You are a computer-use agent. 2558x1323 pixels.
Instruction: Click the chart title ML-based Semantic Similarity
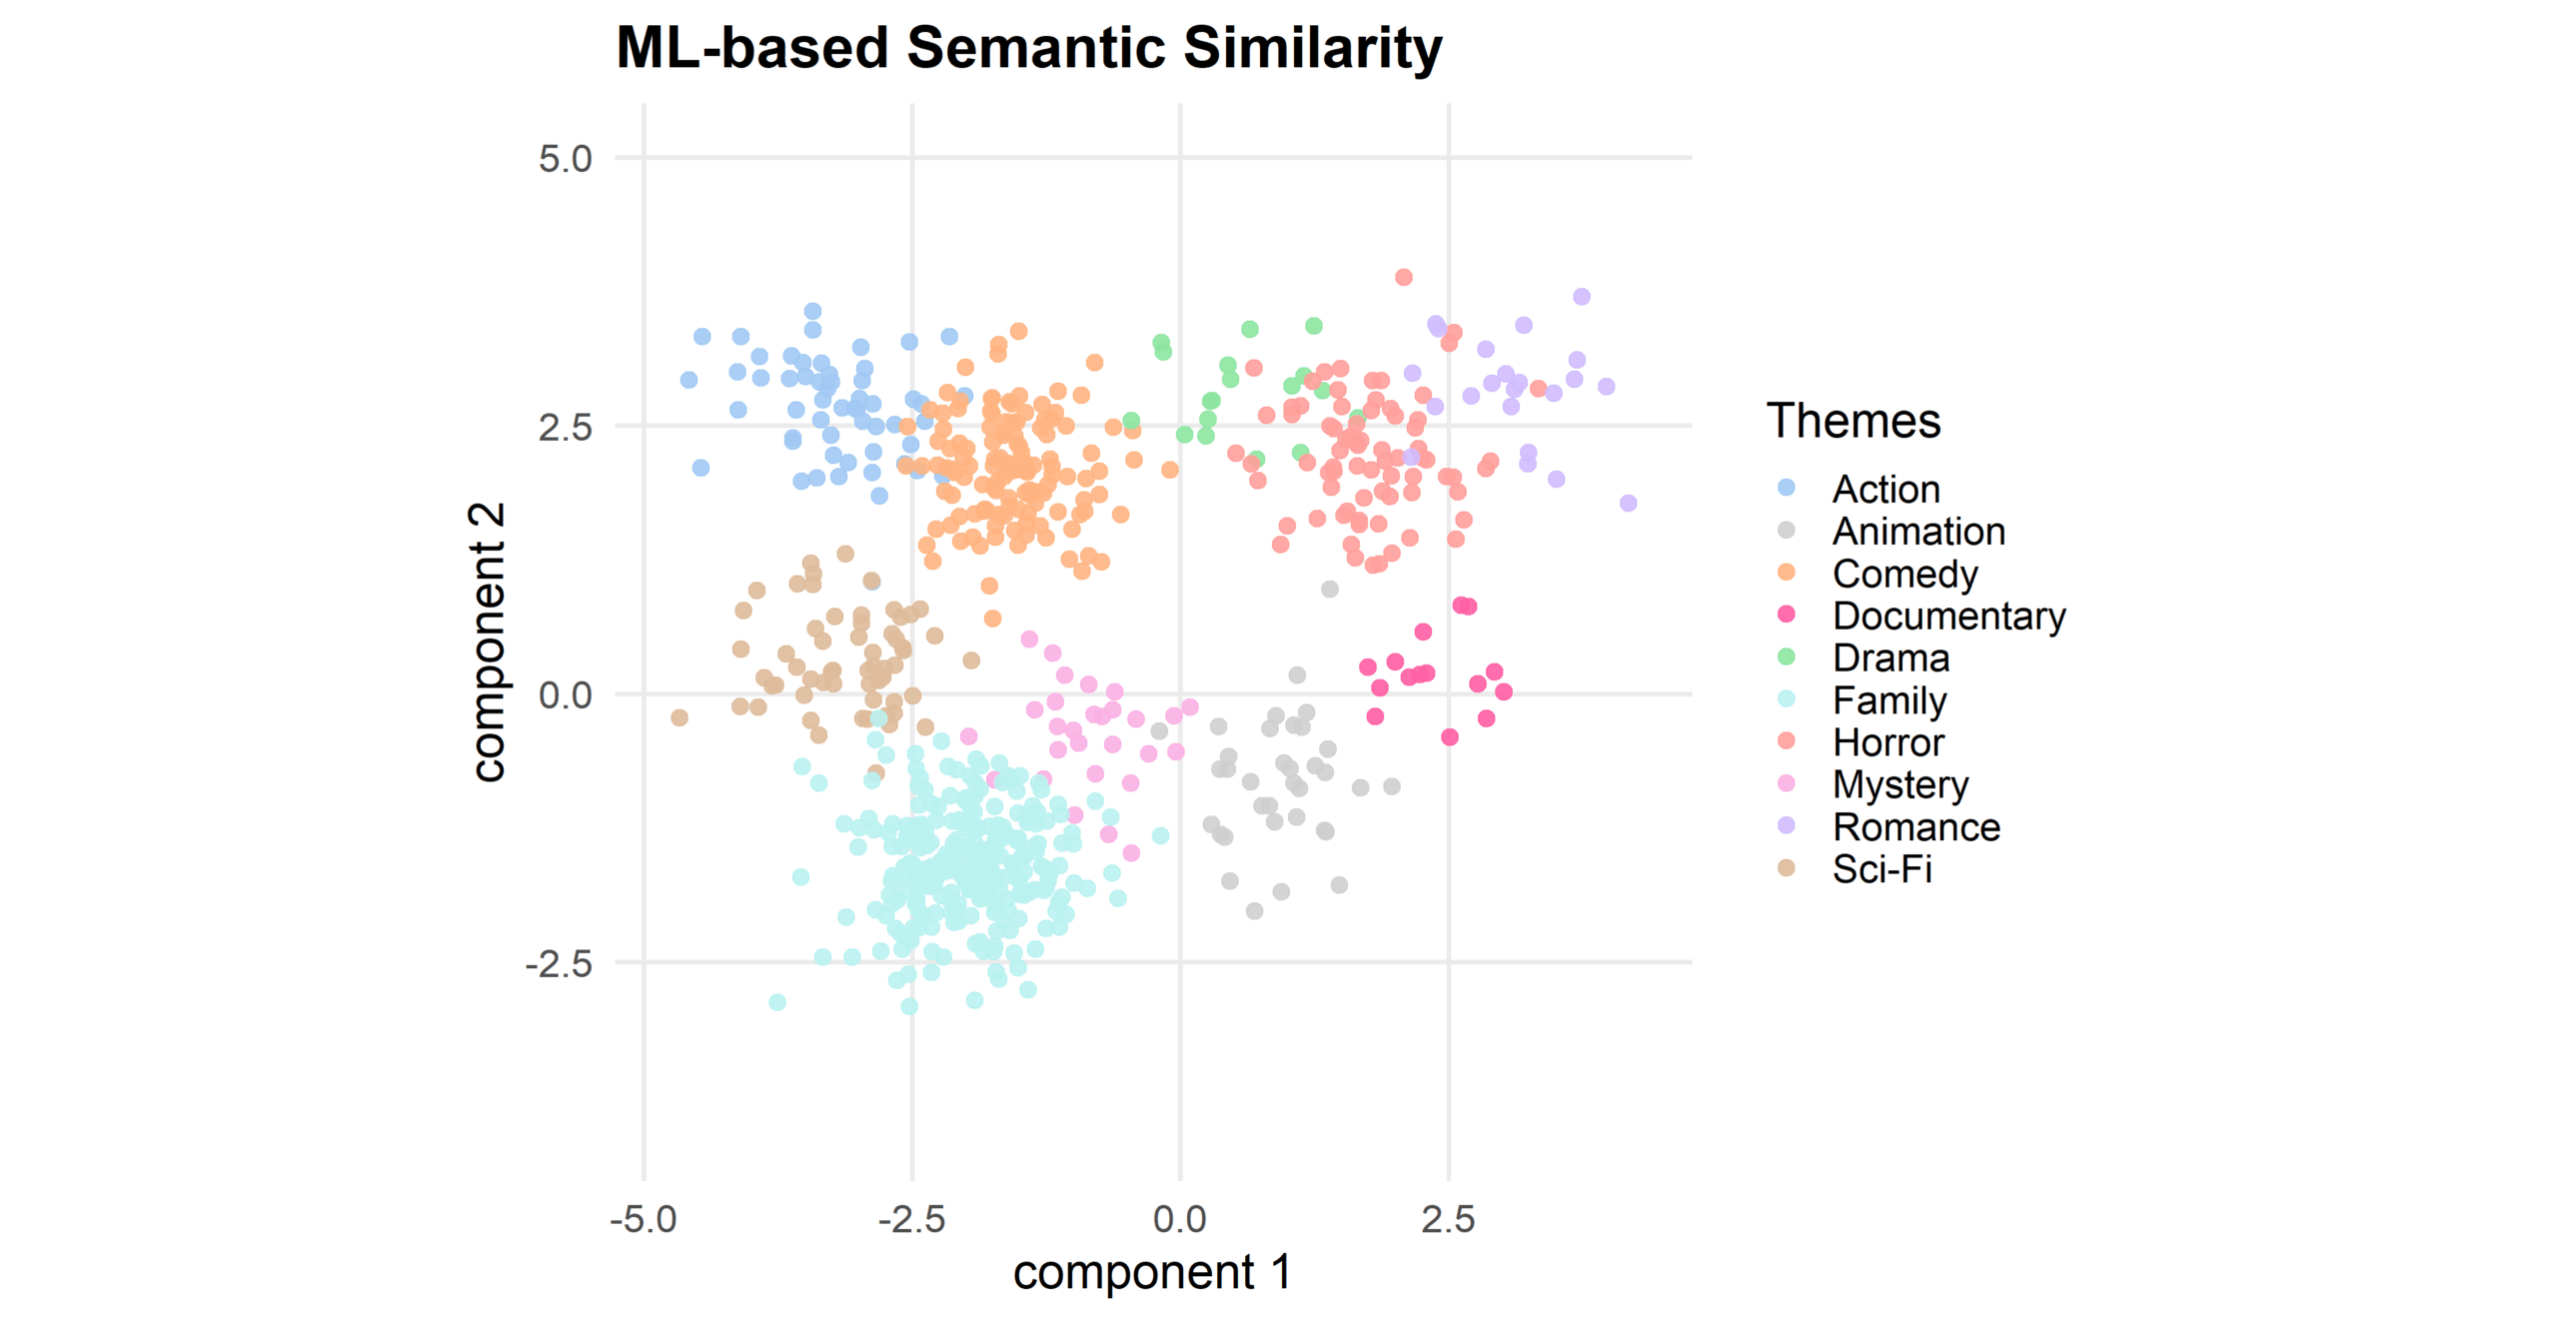[x=1028, y=48]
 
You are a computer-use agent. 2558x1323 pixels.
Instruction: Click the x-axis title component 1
[x=1151, y=1272]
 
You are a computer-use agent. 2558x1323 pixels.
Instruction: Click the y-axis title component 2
[x=488, y=642]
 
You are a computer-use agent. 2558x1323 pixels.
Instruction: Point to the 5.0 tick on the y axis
[x=566, y=159]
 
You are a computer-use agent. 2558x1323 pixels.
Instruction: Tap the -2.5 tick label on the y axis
[x=559, y=964]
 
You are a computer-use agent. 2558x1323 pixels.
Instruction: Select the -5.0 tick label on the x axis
[x=643, y=1219]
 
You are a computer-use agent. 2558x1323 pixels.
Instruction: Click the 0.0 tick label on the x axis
[x=1180, y=1219]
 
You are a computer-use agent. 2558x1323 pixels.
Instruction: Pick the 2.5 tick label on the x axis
[x=1448, y=1219]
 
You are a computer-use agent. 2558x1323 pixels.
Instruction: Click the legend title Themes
[x=1853, y=421]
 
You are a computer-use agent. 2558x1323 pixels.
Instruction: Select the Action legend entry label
[x=1886, y=490]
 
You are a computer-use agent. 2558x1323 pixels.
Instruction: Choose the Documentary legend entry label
[x=1947, y=616]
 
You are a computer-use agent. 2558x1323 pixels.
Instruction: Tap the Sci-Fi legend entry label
[x=1882, y=869]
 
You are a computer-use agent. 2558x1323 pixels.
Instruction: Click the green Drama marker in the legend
[x=1787, y=657]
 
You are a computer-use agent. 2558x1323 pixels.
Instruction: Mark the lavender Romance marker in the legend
[x=1787, y=825]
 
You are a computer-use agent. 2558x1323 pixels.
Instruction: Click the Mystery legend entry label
[x=1900, y=784]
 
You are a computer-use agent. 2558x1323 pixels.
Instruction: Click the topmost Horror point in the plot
[x=1404, y=277]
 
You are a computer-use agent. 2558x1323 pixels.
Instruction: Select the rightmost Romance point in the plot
[x=1629, y=503]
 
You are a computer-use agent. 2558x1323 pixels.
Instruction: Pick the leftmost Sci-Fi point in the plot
[x=679, y=717]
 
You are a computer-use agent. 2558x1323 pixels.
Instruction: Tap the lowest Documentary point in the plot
[x=1450, y=736]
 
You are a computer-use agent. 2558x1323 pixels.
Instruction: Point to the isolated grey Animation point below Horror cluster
[x=1330, y=590]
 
